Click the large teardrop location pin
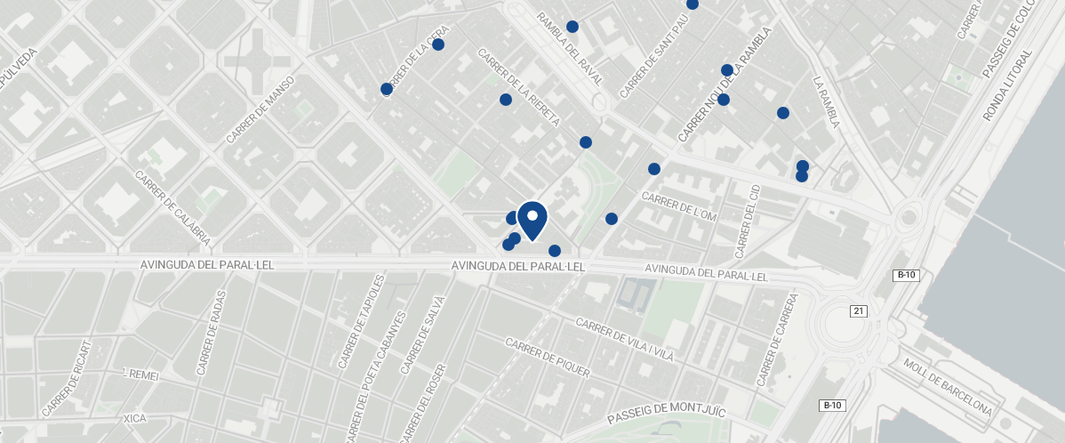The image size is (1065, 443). point(532,220)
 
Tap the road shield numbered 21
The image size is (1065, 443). point(858,310)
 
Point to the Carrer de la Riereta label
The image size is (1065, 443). point(519,87)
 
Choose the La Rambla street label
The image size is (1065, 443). point(826,101)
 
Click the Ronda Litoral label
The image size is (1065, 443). point(1007,86)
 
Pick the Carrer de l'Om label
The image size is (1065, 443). point(678,207)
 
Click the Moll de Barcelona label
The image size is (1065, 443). point(948,388)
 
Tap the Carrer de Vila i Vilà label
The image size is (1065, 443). point(625,341)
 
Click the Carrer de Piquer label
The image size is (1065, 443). point(548,358)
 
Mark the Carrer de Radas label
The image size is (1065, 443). point(210,332)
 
